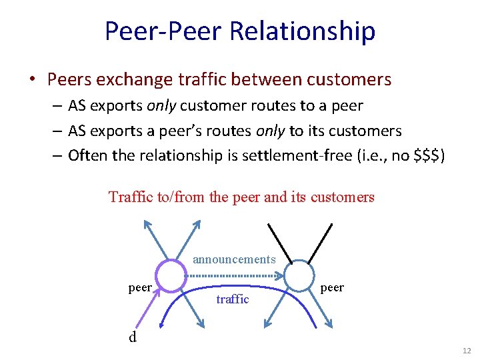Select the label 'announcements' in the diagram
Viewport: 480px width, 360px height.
point(234,259)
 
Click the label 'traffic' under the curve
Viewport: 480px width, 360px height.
point(233,299)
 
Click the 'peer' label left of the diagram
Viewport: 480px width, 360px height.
point(140,287)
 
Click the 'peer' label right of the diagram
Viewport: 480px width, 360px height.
point(332,287)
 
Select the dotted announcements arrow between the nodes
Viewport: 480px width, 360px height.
point(235,275)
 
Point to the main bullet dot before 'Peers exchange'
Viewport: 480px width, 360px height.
point(31,80)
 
